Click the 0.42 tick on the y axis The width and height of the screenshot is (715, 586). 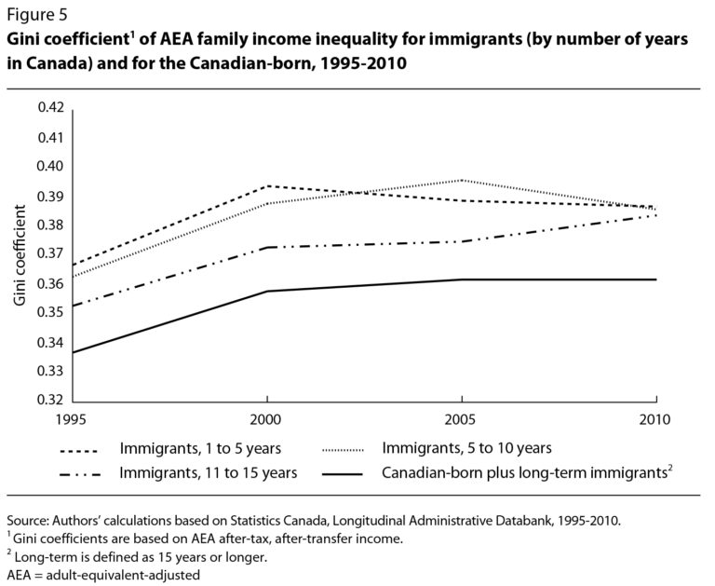[50, 108]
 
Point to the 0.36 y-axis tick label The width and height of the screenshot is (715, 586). [50, 283]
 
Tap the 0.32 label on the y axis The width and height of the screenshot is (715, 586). [50, 401]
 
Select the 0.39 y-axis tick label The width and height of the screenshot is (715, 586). [50, 196]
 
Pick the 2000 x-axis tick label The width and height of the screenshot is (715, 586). [268, 418]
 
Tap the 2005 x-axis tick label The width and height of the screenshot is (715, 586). [462, 418]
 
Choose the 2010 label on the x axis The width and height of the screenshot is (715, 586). [655, 418]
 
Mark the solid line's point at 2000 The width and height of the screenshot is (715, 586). [268, 292]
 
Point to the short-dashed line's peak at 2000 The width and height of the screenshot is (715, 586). [268, 186]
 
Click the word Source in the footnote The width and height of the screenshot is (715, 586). [27, 519]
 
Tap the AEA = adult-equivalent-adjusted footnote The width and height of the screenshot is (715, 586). [101, 575]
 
